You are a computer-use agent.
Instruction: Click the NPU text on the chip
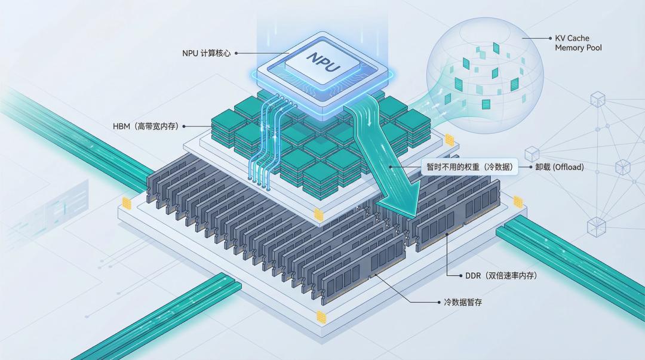(323, 62)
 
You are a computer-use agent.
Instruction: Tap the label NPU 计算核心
(206, 53)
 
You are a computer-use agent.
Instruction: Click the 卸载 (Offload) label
(560, 167)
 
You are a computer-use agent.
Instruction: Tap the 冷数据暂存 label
(463, 303)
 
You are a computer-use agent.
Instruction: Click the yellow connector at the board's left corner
(127, 202)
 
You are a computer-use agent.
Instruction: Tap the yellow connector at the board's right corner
(517, 202)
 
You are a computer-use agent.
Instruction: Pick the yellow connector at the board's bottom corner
(322, 316)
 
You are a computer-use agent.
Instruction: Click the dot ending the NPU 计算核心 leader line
(236, 53)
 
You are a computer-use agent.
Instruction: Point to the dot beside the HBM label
(183, 126)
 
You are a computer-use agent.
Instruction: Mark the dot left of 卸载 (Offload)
(530, 167)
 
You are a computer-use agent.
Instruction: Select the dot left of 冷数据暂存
(439, 303)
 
